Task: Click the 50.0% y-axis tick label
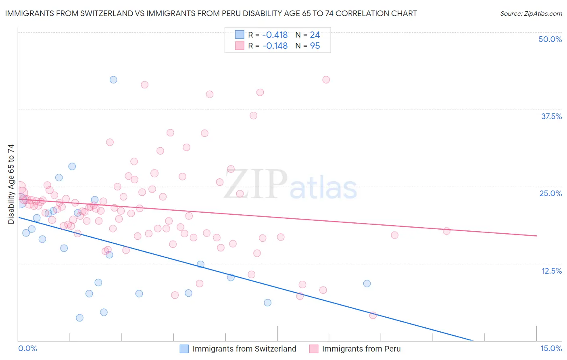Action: coord(550,39)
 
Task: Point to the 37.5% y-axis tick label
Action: coord(551,116)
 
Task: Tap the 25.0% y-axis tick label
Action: coord(550,193)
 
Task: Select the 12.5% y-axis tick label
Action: coord(551,271)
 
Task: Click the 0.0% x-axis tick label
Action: coord(28,348)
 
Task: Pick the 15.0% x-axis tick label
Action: coord(551,348)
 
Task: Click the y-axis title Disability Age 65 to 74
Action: coord(11,184)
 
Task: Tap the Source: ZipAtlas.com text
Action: coord(531,14)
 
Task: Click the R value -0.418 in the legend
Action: coord(275,35)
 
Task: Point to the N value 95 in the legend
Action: coord(315,46)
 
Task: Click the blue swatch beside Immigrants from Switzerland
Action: coord(184,349)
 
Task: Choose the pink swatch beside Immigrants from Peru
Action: coord(314,349)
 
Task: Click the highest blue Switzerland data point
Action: coord(113,80)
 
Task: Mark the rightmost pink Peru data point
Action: coord(446,231)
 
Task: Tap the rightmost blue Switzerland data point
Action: coord(367,284)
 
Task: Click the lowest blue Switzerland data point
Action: coord(79,318)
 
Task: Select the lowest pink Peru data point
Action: coord(373,315)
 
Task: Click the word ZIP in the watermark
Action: coord(256,184)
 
